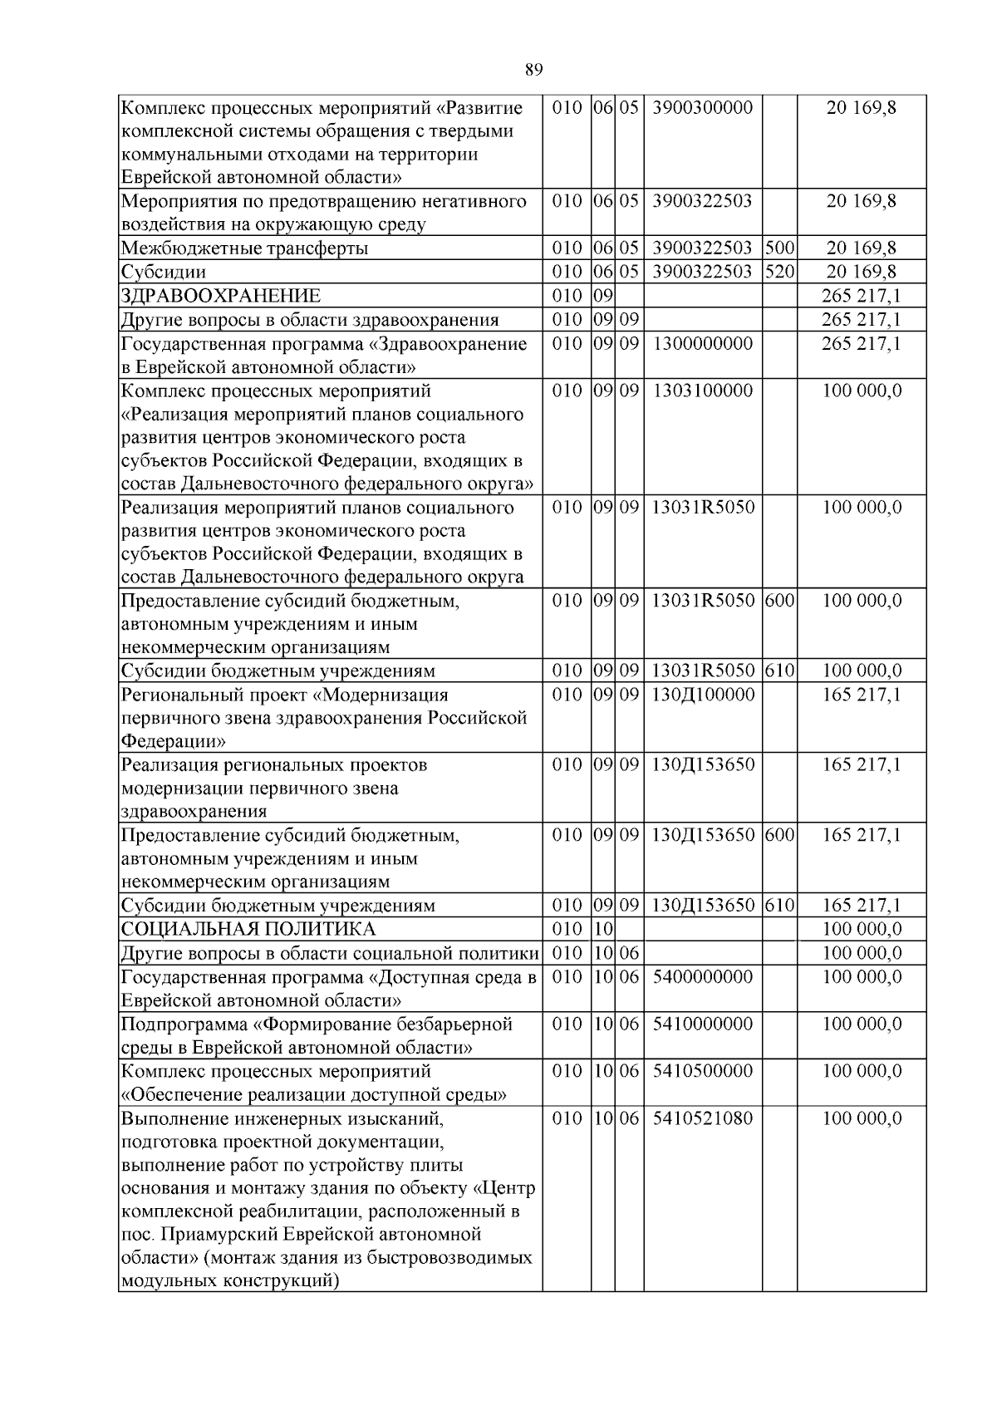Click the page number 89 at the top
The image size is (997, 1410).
click(534, 70)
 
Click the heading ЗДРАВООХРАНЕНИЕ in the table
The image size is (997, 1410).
click(221, 297)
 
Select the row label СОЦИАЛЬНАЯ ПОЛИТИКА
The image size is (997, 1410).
click(248, 929)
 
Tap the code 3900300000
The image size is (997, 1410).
click(703, 108)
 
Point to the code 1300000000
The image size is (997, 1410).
click(703, 344)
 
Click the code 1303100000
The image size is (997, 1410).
click(703, 391)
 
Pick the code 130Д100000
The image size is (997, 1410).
click(703, 695)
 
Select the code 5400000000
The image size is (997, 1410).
click(703, 977)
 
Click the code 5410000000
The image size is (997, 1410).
click(703, 1024)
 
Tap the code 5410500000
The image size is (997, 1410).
click(703, 1071)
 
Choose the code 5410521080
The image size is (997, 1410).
click(703, 1118)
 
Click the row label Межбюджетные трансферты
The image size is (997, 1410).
click(245, 248)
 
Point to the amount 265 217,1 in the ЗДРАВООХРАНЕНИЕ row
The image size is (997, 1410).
click(862, 297)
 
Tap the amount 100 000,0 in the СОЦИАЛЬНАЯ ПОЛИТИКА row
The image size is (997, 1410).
click(862, 929)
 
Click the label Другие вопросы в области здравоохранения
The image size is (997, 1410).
click(310, 321)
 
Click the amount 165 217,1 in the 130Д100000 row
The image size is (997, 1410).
click(862, 695)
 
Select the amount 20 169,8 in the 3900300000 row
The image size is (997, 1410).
click(862, 108)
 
